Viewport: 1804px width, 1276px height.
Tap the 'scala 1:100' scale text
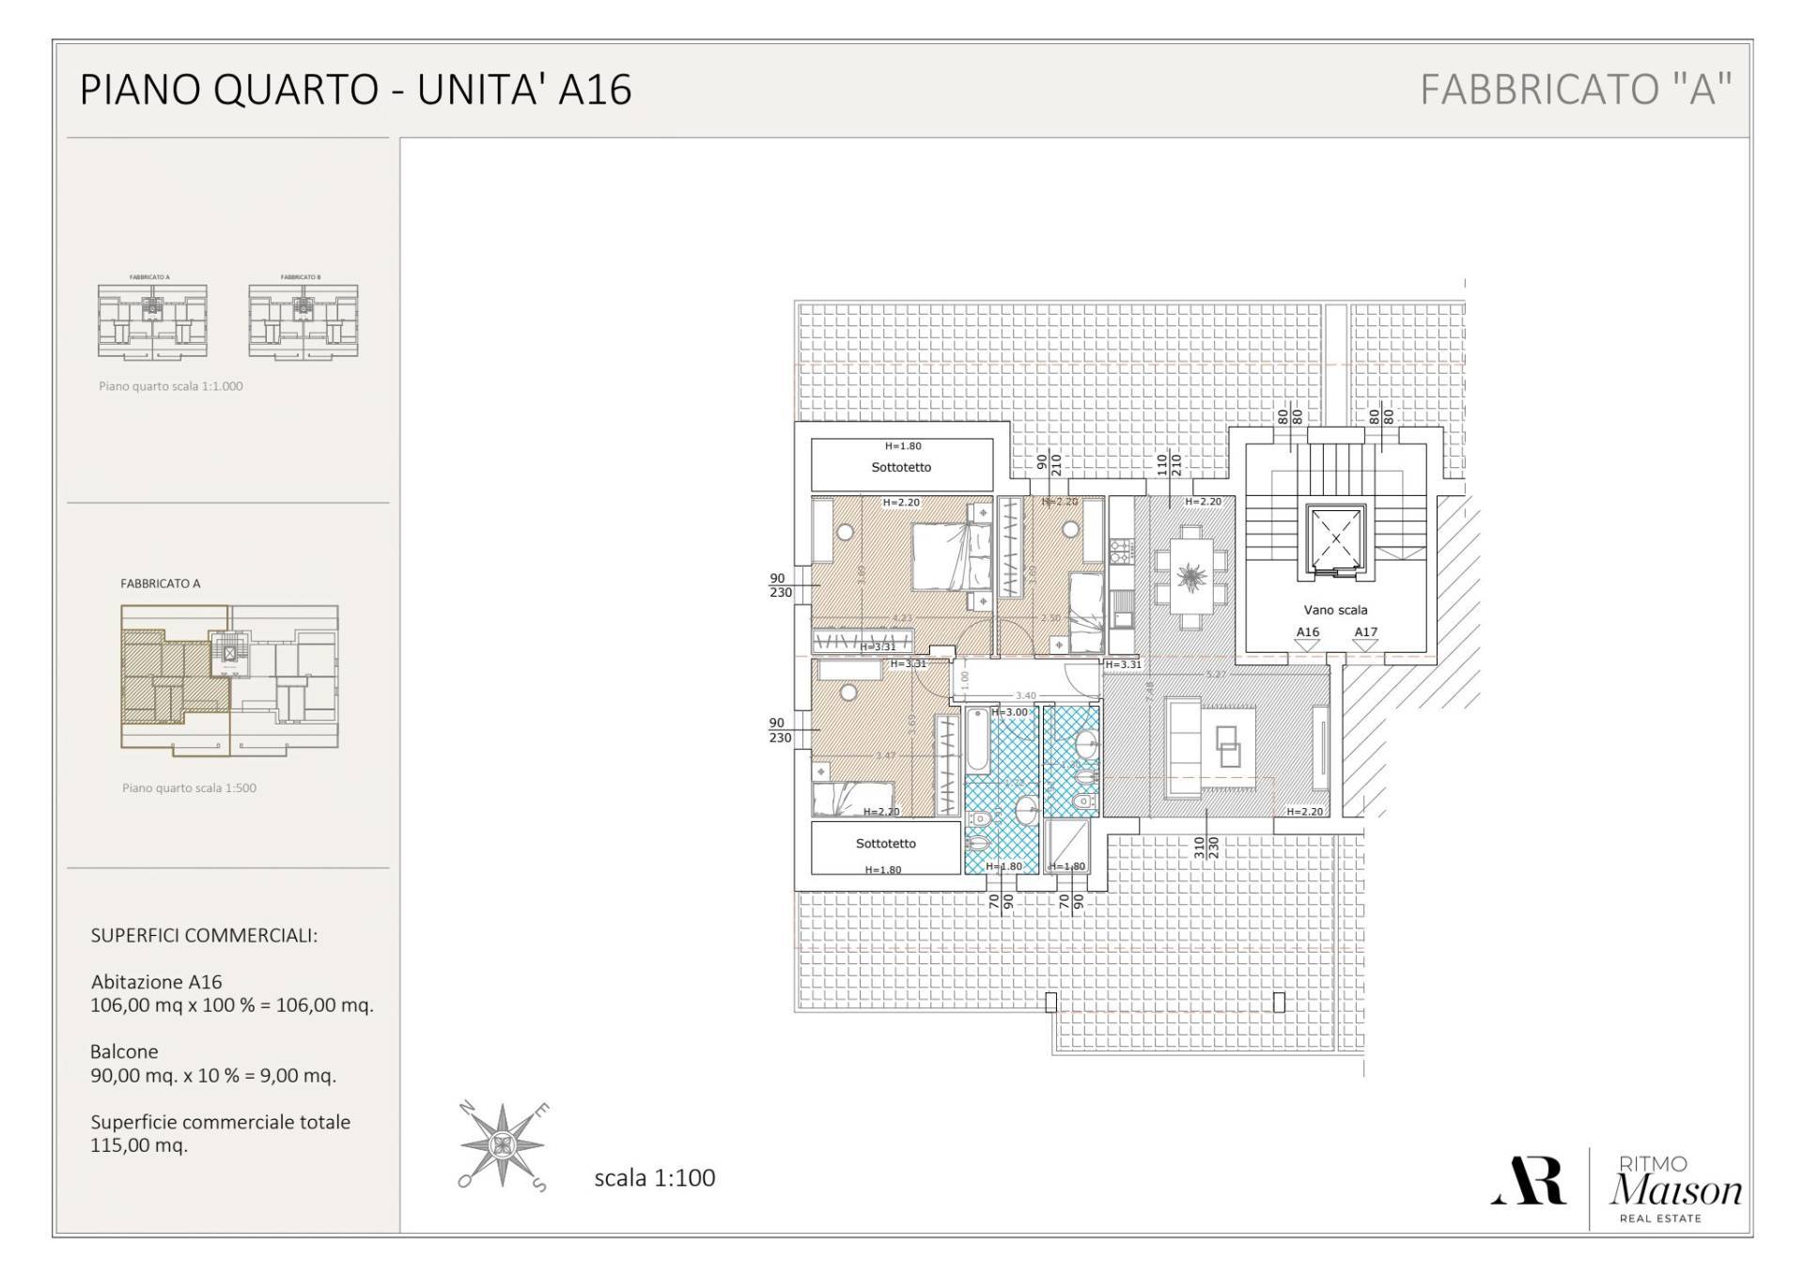pos(654,1178)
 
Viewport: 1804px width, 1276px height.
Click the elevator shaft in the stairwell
pos(1335,540)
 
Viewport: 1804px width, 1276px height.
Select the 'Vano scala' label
pos(1335,610)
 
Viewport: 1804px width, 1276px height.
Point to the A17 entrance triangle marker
pos(1365,645)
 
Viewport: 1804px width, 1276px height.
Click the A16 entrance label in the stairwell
pos(1307,632)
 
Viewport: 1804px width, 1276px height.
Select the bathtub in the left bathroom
pos(976,740)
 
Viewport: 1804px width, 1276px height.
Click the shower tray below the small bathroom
pos(1067,843)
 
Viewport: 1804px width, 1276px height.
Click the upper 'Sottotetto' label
pos(901,467)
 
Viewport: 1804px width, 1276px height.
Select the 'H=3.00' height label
pos(1010,712)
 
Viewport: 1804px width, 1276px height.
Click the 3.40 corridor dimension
pos(1025,696)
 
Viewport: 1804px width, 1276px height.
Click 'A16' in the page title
pos(595,90)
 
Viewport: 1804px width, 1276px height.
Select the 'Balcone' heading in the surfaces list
pos(124,1051)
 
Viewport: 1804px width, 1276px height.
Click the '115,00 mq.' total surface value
pos(139,1145)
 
